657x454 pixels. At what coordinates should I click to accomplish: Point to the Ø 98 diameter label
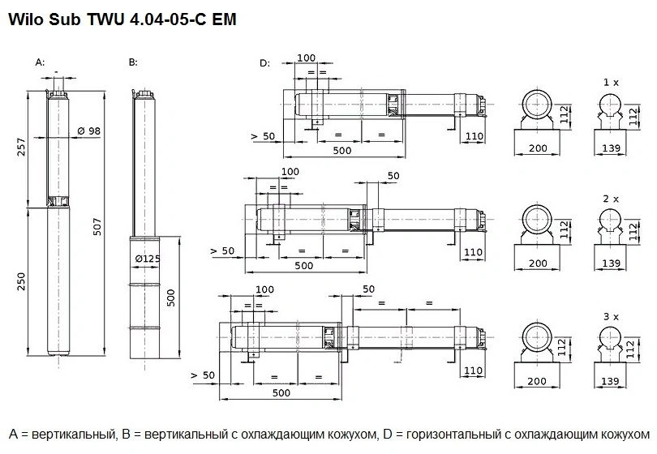click(89, 131)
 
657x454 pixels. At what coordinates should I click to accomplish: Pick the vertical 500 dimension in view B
click(171, 297)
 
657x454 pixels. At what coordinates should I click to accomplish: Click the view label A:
click(40, 62)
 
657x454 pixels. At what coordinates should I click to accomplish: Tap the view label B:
click(133, 62)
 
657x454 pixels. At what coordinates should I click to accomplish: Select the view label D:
click(264, 62)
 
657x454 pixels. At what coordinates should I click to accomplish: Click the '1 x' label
click(611, 83)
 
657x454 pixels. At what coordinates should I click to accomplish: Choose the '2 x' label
click(611, 198)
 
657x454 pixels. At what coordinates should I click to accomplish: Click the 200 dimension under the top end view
click(538, 148)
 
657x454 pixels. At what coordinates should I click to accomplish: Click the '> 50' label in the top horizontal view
click(264, 136)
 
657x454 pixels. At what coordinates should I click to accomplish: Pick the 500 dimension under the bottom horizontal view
click(281, 393)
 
